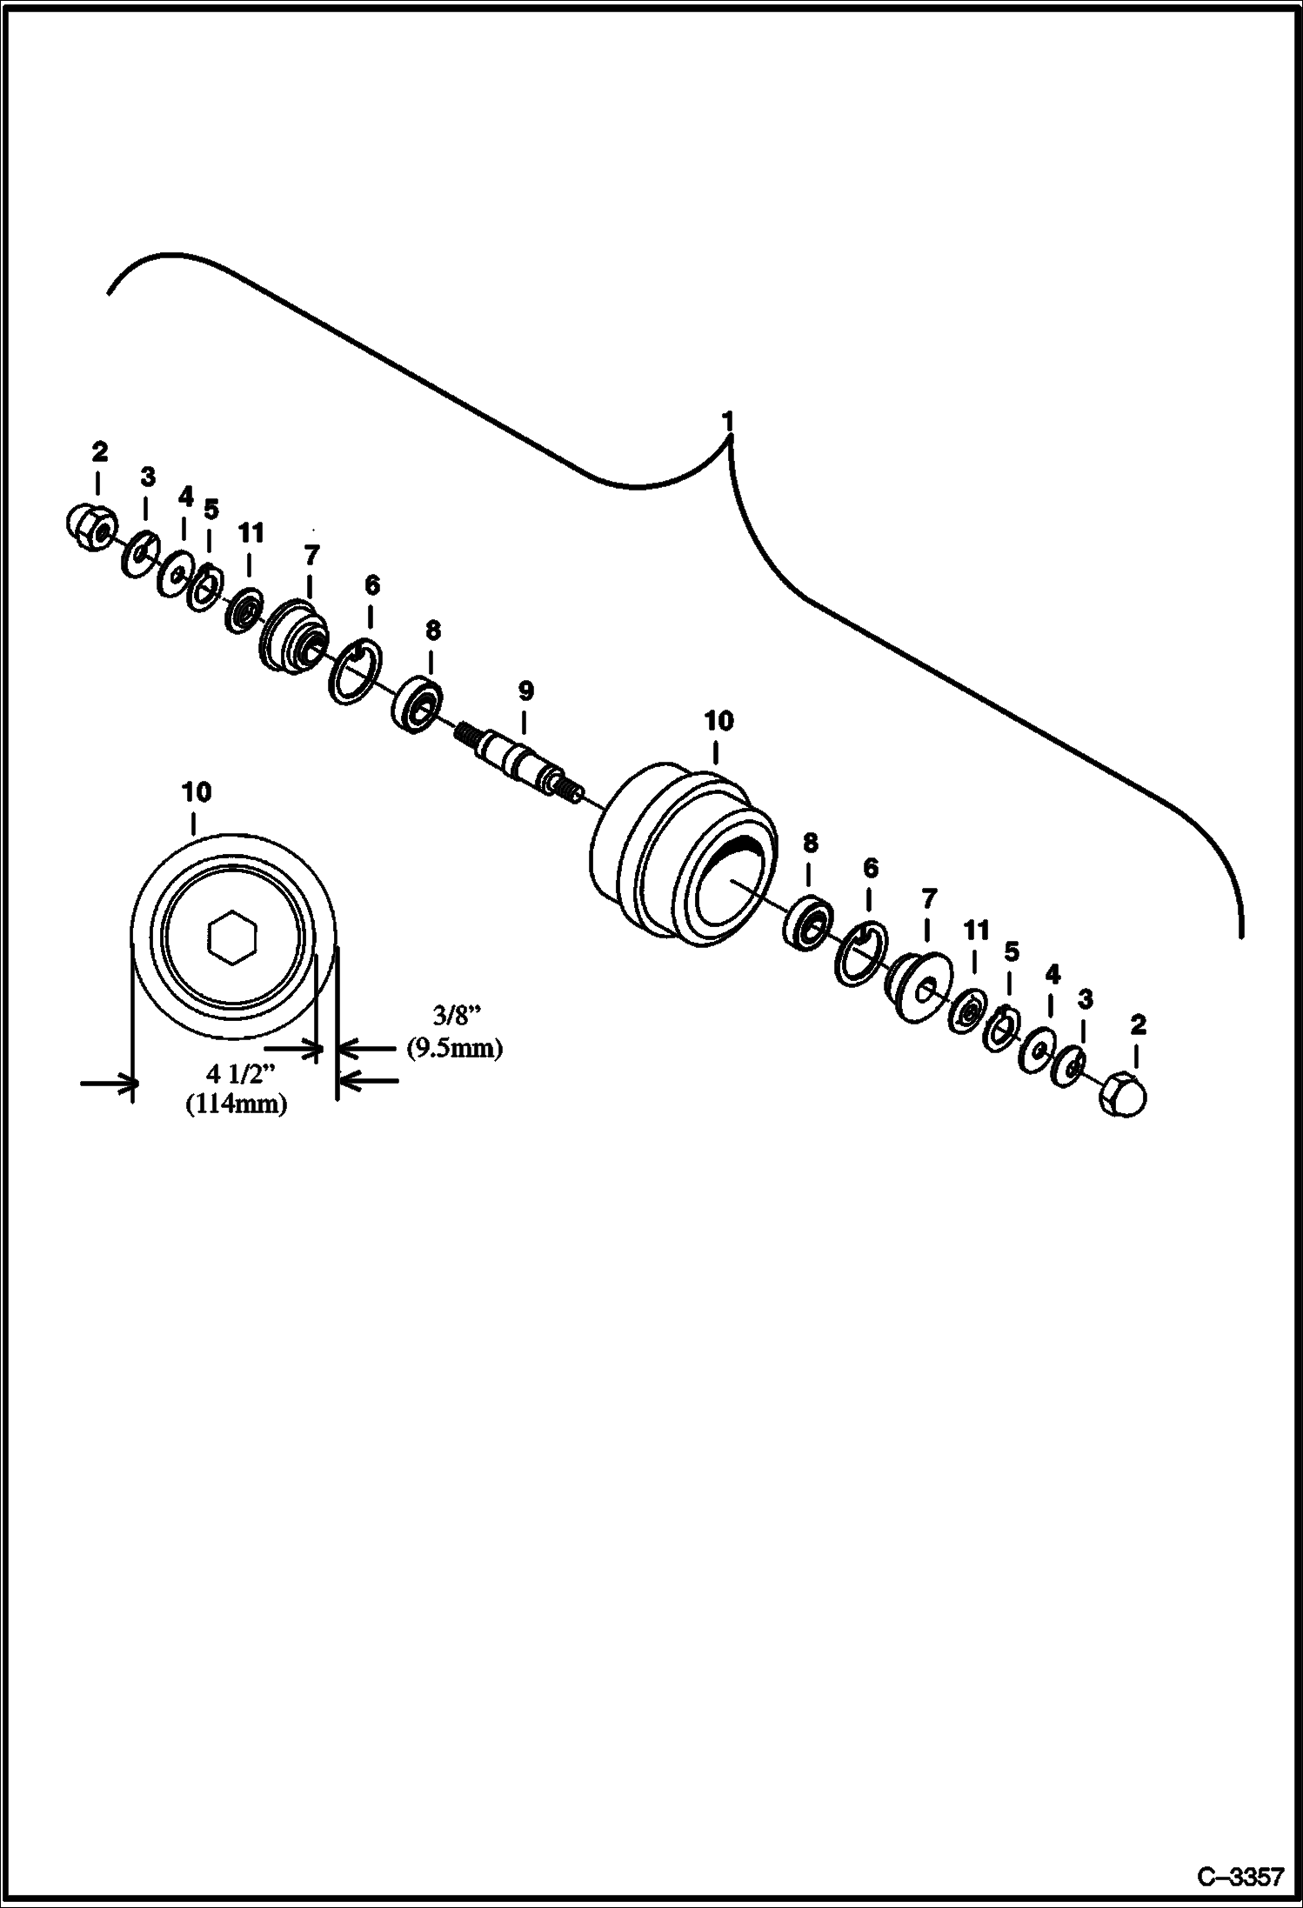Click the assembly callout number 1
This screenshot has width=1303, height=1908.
(x=728, y=422)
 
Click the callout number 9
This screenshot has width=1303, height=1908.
(x=525, y=692)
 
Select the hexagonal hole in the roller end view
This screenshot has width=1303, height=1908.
(x=233, y=937)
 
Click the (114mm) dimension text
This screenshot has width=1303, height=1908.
(x=236, y=1104)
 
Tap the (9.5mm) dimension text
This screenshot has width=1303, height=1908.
(x=455, y=1048)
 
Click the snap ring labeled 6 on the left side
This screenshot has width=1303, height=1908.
(x=355, y=669)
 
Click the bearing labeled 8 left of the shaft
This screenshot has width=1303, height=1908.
(x=417, y=701)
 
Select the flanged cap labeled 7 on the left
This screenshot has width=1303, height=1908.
(x=292, y=636)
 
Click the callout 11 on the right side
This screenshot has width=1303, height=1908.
(x=977, y=931)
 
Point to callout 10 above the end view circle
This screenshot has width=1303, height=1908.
(x=197, y=792)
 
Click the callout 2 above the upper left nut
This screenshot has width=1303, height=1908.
(x=99, y=451)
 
